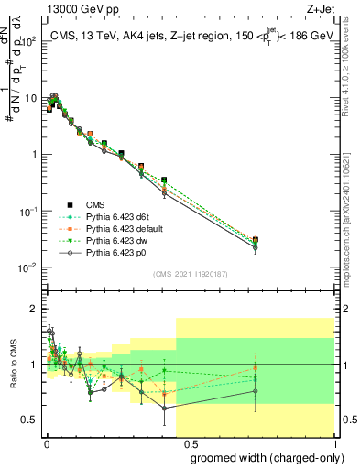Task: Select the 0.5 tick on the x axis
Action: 191,442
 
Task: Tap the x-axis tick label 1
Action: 335,442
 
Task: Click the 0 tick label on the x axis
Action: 46,442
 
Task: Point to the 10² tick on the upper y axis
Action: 31,41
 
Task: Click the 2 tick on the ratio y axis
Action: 35,308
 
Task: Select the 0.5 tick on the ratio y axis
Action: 31,420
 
